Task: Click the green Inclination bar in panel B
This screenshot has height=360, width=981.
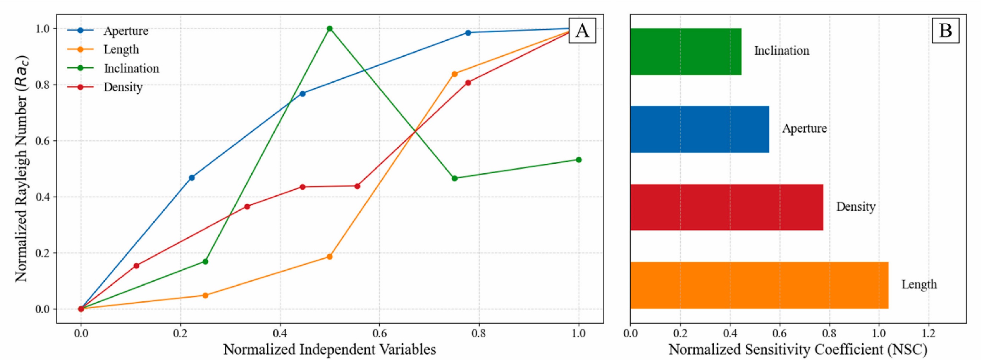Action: (x=686, y=52)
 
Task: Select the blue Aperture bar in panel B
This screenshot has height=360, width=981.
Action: (x=699, y=129)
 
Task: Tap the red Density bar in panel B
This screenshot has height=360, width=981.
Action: (x=726, y=207)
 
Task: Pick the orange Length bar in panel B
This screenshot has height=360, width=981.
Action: (x=759, y=285)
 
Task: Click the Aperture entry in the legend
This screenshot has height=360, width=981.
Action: (x=126, y=31)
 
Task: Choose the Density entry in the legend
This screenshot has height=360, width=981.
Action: (x=123, y=87)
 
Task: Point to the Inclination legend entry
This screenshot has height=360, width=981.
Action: (x=131, y=69)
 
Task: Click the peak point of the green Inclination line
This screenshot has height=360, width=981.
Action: (x=330, y=29)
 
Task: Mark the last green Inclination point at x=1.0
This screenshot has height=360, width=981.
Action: (x=579, y=160)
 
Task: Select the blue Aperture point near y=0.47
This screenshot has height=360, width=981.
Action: (x=192, y=177)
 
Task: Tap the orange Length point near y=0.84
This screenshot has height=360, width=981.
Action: (x=454, y=74)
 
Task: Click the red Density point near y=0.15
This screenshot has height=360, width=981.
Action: (x=136, y=265)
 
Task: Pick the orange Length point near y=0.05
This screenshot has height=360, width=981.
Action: (x=205, y=295)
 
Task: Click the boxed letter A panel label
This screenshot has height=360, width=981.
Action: (x=582, y=30)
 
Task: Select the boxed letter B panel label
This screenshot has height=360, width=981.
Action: (x=946, y=30)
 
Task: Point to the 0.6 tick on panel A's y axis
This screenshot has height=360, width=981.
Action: (x=43, y=141)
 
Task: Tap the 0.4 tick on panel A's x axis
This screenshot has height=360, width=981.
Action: (x=280, y=334)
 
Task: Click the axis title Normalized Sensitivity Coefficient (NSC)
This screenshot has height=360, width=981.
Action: (x=798, y=349)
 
